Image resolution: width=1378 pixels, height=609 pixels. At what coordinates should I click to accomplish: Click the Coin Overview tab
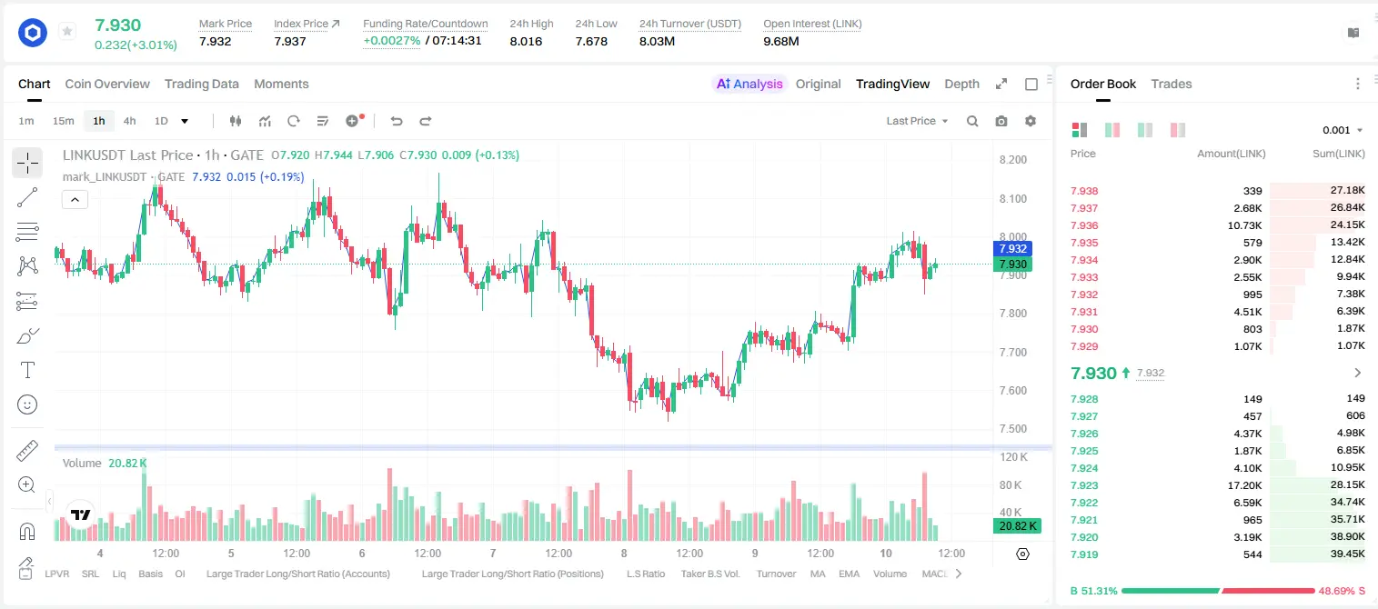click(107, 84)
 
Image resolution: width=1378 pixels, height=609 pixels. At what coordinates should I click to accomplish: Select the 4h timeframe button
click(129, 121)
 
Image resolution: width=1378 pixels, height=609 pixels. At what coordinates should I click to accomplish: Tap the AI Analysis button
click(749, 84)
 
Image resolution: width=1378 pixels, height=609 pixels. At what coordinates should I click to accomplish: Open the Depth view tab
click(961, 84)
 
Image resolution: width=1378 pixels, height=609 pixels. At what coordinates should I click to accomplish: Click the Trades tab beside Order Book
click(1172, 84)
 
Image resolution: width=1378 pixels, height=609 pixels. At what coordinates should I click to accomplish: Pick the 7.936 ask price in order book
click(1084, 225)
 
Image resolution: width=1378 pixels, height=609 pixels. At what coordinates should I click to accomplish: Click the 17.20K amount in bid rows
click(1244, 485)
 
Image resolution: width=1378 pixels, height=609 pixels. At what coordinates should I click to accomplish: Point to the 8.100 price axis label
click(1013, 198)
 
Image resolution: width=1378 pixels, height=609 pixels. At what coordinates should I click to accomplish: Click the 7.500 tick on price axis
click(1013, 428)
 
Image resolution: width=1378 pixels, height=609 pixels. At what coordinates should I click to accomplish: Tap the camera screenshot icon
click(1001, 121)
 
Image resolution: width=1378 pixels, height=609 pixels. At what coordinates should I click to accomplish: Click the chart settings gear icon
click(1031, 121)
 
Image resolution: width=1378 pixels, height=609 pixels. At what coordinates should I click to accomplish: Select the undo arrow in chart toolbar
click(397, 121)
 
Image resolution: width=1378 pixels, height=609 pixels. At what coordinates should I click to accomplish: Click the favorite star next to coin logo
click(67, 31)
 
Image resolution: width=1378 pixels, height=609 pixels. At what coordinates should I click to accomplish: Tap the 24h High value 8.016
click(526, 41)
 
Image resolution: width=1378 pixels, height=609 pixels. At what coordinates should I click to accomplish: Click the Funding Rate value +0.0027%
click(392, 41)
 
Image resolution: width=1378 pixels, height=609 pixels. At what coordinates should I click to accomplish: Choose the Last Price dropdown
click(917, 121)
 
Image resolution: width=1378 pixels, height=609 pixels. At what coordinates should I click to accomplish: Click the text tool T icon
click(27, 370)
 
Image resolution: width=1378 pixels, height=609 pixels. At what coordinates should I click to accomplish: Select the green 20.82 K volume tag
click(1017, 526)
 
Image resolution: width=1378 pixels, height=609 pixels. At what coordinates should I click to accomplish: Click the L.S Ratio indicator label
click(645, 574)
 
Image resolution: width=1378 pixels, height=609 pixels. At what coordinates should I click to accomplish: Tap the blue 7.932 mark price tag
click(1012, 249)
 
